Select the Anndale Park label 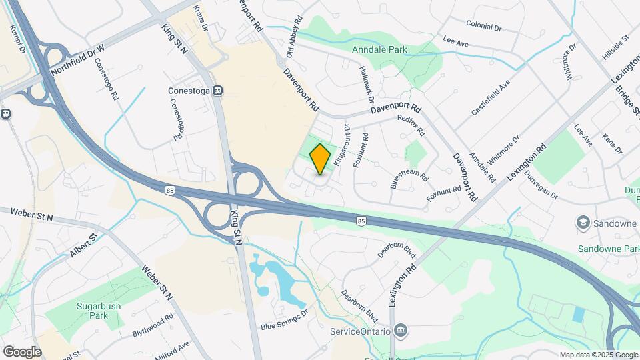point(389,49)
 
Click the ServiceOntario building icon point(400,330)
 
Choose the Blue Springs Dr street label point(284,319)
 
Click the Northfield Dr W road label point(78,59)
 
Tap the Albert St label point(83,245)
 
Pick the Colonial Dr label point(483,26)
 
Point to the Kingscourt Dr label point(341,145)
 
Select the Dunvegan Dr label point(540,183)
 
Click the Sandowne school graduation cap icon point(583,222)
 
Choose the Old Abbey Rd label point(295,37)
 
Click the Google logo point(22,351)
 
